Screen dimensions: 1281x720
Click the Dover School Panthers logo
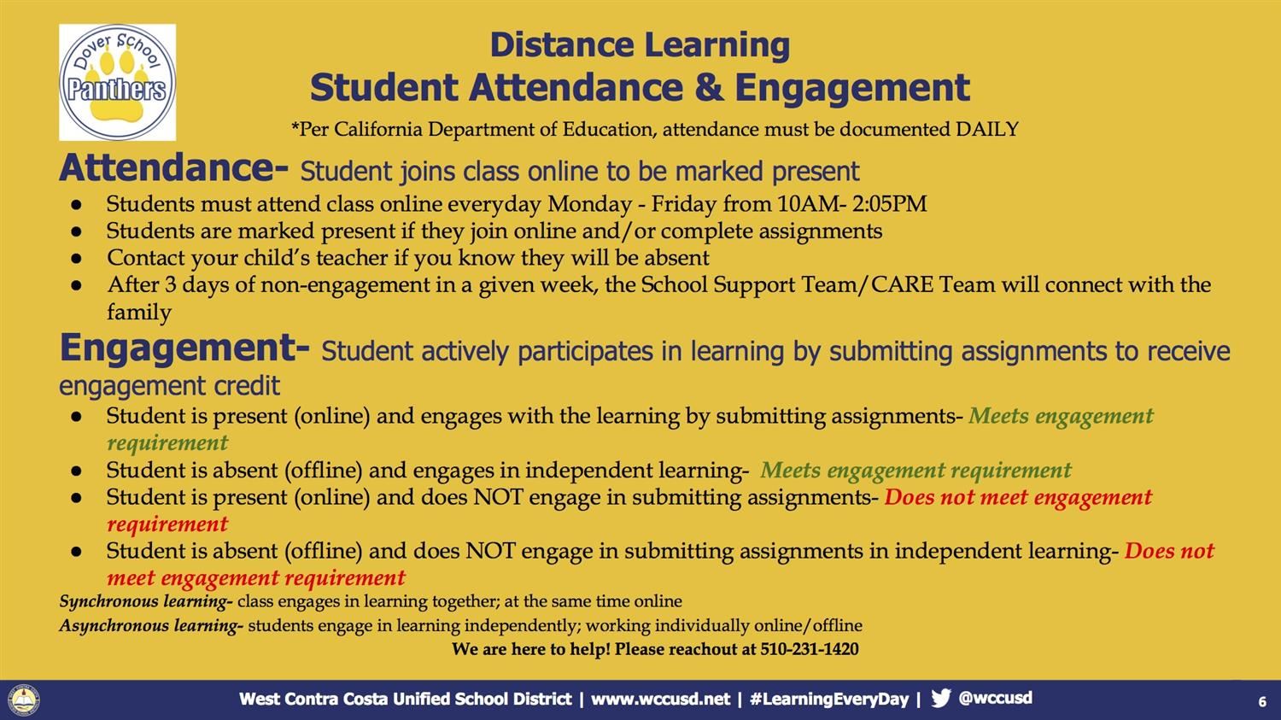click(117, 82)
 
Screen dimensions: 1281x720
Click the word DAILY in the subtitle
click(987, 129)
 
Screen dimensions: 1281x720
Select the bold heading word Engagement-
click(185, 348)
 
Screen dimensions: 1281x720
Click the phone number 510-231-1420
click(810, 649)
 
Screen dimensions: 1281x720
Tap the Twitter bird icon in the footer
click(941, 699)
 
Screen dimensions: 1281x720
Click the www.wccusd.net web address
click(660, 699)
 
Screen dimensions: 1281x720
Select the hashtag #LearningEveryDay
click(829, 699)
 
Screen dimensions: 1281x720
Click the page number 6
click(1262, 702)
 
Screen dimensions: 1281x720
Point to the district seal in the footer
click(23, 700)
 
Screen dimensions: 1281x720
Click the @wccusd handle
click(995, 699)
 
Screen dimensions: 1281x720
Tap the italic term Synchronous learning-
click(146, 601)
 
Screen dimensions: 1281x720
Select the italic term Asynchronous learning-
click(151, 626)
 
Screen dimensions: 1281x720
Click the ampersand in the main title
click(709, 87)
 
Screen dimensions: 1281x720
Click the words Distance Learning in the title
click(640, 44)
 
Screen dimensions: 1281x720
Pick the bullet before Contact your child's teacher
click(76, 258)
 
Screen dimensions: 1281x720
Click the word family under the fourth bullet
click(139, 313)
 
